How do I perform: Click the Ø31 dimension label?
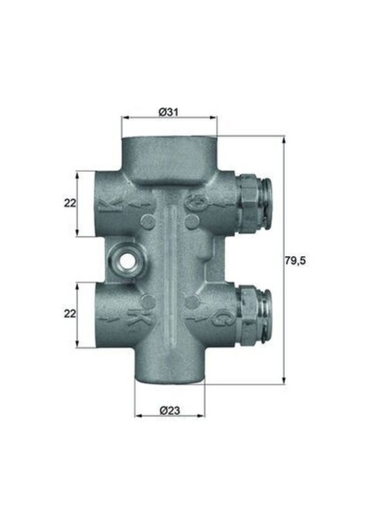[x=169, y=111]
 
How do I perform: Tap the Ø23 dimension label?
[x=169, y=409]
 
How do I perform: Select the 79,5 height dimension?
[x=295, y=260]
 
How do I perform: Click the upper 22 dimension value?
[x=69, y=203]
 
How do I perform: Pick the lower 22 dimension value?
[x=69, y=314]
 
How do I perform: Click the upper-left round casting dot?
[x=147, y=221]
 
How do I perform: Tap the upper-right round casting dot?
[x=192, y=221]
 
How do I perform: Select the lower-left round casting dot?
[x=147, y=301]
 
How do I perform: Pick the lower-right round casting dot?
[x=192, y=301]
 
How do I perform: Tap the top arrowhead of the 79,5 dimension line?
[x=284, y=140]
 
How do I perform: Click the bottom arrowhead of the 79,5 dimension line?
[x=284, y=381]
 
